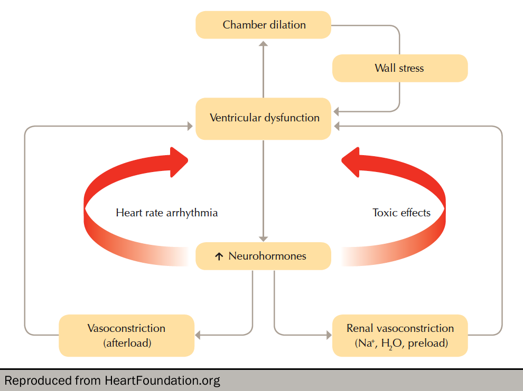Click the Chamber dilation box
(x=264, y=25)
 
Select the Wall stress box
(x=400, y=68)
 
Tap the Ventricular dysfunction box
(x=264, y=118)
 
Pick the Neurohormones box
(x=264, y=256)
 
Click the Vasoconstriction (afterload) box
(x=126, y=335)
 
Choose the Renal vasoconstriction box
(x=400, y=335)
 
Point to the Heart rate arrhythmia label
(x=166, y=213)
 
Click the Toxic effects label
(x=401, y=213)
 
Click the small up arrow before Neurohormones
(x=219, y=257)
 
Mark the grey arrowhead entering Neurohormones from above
(x=264, y=239)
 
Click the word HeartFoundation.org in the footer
(x=163, y=380)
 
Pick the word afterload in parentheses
(x=127, y=343)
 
